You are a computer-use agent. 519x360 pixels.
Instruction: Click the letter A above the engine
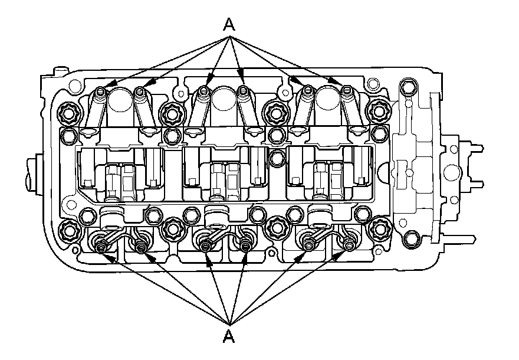click(229, 25)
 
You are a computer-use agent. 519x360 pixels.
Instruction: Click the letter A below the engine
click(229, 337)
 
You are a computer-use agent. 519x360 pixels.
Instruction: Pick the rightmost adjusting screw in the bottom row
click(350, 244)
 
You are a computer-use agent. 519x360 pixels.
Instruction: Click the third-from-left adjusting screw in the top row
click(203, 91)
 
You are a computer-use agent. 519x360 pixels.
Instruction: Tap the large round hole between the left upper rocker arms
click(121, 98)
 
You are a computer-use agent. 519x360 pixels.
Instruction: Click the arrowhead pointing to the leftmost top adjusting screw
click(106, 88)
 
